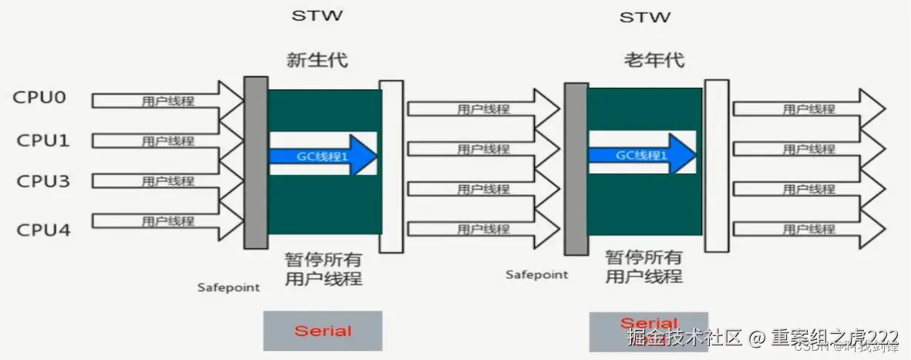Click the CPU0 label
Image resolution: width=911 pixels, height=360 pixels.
[x=39, y=99]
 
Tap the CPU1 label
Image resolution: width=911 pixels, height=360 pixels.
[x=42, y=140]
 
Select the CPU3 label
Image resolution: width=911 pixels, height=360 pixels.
[x=42, y=181]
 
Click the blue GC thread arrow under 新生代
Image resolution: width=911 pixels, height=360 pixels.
[x=322, y=155]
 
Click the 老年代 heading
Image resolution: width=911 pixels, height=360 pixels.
[x=654, y=59]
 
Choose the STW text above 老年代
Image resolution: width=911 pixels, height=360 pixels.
[x=644, y=16]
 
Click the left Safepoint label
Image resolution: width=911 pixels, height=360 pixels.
[x=228, y=288]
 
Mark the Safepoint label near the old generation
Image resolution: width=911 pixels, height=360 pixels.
[x=536, y=274]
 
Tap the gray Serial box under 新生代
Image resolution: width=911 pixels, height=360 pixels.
[x=323, y=331]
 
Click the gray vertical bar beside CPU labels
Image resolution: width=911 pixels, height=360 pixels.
[x=256, y=162]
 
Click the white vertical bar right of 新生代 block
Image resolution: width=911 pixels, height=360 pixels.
[x=391, y=166]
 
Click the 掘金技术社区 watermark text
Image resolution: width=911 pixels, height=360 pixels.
[x=684, y=338]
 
